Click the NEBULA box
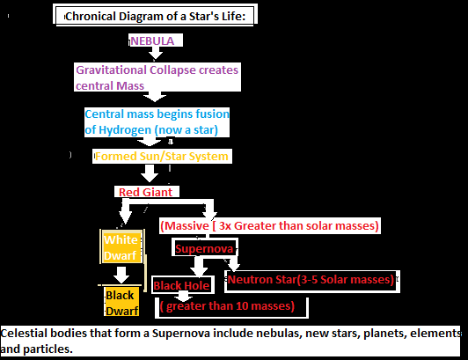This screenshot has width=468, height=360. pyautogui.click(x=156, y=40)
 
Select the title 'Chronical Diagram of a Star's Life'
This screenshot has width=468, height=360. pyautogui.click(x=155, y=16)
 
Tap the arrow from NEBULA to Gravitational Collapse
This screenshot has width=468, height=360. pyautogui.click(x=156, y=53)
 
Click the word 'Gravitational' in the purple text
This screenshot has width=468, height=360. pyautogui.click(x=111, y=70)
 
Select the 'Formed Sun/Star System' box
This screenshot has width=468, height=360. pyautogui.click(x=162, y=157)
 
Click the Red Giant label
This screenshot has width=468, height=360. pyautogui.click(x=147, y=192)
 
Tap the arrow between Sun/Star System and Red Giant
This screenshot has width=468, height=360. pyautogui.click(x=150, y=173)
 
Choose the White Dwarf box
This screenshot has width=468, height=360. pyautogui.click(x=121, y=246)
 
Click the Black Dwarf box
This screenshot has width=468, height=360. pyautogui.click(x=121, y=302)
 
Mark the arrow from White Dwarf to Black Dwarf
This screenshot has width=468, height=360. pyautogui.click(x=121, y=275)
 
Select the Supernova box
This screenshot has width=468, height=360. pyautogui.click(x=205, y=247)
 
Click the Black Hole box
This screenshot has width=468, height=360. pyautogui.click(x=181, y=285)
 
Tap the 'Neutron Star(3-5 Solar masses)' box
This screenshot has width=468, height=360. pyautogui.click(x=312, y=280)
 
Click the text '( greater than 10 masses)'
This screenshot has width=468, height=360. pyautogui.click(x=228, y=306)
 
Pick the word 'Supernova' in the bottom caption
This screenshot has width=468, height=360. pyautogui.click(x=181, y=333)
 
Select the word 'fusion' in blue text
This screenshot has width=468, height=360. pyautogui.click(x=212, y=114)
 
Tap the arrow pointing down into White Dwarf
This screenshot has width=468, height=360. pyautogui.click(x=125, y=212)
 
